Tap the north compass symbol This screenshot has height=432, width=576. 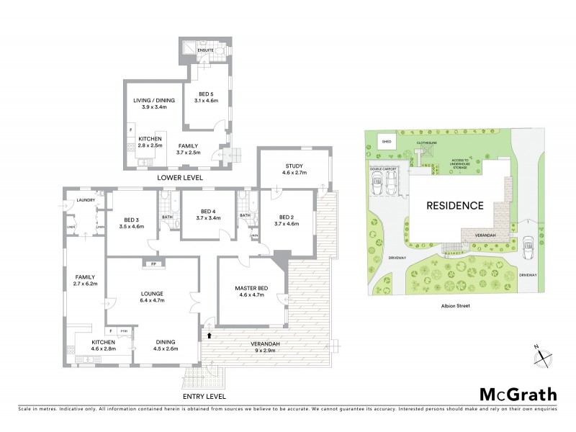tap(545, 355)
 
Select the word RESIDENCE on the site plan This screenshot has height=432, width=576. tap(454, 205)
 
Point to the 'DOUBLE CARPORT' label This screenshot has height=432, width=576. tap(384, 170)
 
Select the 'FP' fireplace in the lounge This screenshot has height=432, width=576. tap(153, 264)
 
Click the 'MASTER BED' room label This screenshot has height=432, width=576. tap(251, 289)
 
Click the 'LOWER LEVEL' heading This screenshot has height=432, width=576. tap(180, 177)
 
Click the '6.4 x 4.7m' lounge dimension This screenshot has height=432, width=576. tap(151, 300)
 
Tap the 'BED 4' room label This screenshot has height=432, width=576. tap(207, 210)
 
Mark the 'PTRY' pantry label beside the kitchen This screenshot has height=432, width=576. tap(124, 331)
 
